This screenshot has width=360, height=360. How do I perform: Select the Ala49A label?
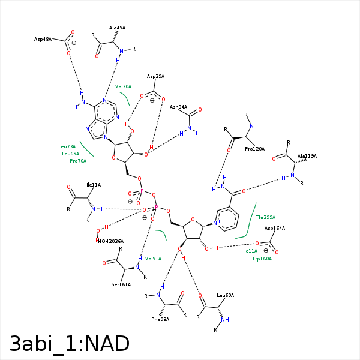(x=117, y=28)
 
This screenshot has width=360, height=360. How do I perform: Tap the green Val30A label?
(x=123, y=86)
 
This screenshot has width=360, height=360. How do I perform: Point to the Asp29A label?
(x=155, y=77)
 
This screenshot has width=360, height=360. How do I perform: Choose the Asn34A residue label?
(x=178, y=107)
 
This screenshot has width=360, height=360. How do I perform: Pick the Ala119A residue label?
(x=307, y=156)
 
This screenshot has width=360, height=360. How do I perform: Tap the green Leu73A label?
(x=67, y=146)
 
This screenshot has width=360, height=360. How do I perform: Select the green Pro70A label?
(x=78, y=161)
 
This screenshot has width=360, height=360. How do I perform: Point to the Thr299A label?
(x=265, y=217)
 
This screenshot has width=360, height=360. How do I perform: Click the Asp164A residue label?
(x=275, y=228)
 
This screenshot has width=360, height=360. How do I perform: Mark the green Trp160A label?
(x=262, y=259)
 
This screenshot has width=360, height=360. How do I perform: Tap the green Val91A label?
(x=153, y=259)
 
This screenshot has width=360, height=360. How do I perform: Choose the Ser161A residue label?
(x=121, y=284)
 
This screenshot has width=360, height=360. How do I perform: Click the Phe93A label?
(x=160, y=319)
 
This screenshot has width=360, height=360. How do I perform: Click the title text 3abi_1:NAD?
(x=70, y=344)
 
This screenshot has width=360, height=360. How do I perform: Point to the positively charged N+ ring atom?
(x=217, y=223)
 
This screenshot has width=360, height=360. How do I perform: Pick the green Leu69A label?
(x=71, y=154)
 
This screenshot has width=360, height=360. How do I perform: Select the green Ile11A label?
(x=250, y=251)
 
